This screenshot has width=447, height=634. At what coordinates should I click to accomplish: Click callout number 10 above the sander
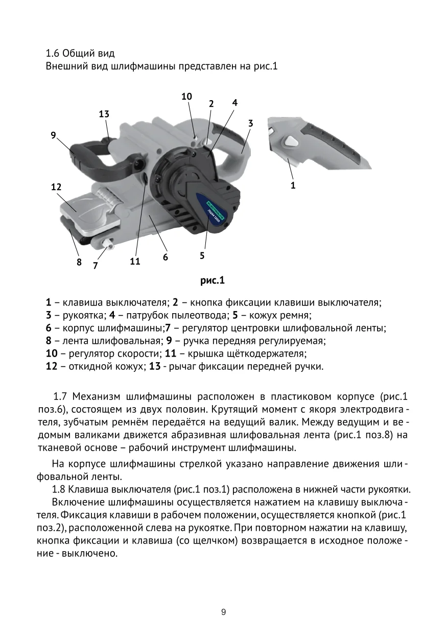click(186, 96)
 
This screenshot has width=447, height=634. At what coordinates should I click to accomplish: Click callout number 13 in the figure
click(104, 114)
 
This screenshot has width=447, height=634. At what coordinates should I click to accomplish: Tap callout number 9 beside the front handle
click(53, 135)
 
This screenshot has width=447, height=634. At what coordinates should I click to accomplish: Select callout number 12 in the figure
click(56, 187)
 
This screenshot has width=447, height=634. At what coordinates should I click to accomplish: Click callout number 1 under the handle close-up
click(293, 186)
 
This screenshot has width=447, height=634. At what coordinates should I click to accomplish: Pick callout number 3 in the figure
click(251, 123)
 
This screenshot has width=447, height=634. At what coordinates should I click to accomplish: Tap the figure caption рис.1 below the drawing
click(212, 280)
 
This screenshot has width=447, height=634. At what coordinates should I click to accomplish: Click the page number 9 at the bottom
click(223, 612)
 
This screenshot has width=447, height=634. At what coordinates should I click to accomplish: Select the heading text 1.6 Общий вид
click(80, 53)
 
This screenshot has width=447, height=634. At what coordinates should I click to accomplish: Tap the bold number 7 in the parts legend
click(168, 327)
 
